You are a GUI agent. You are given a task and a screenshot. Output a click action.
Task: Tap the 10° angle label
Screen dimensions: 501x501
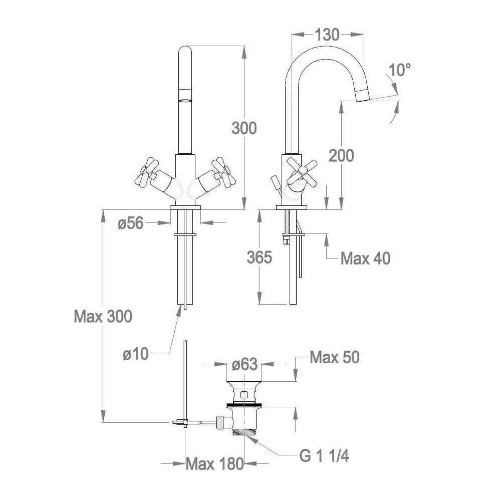[x=400, y=70]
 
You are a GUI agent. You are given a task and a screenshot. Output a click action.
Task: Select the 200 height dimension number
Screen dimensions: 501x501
[x=342, y=156]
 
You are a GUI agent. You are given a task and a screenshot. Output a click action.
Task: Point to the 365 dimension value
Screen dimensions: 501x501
[x=260, y=257]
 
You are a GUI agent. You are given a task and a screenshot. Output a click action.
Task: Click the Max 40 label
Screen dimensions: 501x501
[x=366, y=258]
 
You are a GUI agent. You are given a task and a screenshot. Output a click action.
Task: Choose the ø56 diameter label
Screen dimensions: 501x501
[x=131, y=223]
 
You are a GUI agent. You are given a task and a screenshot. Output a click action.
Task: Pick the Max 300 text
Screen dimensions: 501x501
[x=103, y=316]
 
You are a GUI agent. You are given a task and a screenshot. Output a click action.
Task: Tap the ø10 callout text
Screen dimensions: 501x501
[x=136, y=354]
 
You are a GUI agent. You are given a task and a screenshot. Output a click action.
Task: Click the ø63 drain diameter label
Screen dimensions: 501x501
[x=244, y=364]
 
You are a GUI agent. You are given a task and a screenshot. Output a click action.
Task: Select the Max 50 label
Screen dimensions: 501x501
[x=335, y=357]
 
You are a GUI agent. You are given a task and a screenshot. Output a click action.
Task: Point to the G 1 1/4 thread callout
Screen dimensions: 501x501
[x=324, y=456]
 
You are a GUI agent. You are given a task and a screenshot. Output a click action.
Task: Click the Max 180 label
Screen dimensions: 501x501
[x=215, y=463]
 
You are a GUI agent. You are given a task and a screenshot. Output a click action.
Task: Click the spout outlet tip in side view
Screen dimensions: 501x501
[x=363, y=96]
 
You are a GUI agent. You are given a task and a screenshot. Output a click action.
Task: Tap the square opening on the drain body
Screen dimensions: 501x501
[x=244, y=395]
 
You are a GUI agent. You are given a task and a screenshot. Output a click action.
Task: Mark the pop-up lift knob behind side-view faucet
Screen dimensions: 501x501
[x=275, y=182]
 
